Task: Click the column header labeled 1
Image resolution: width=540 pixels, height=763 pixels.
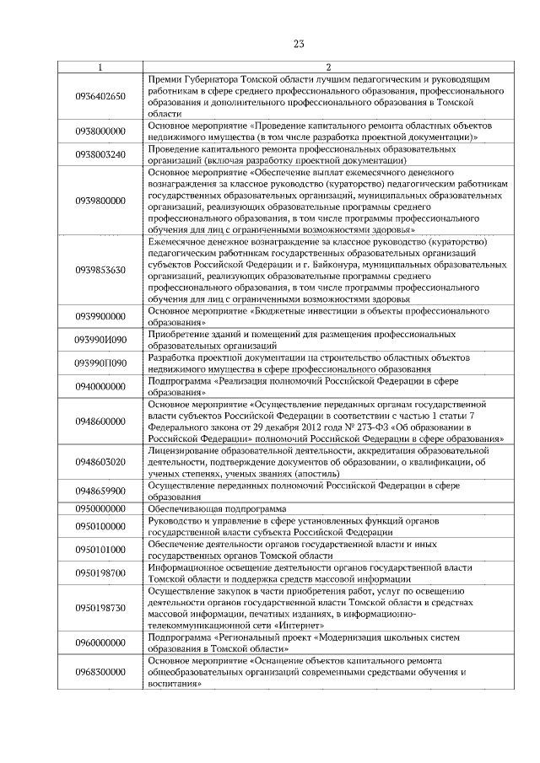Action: tap(100, 67)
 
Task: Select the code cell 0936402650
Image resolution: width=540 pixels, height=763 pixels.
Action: tap(100, 95)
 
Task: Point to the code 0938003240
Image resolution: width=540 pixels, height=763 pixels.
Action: tap(100, 154)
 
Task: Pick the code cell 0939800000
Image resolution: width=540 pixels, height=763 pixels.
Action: tap(100, 201)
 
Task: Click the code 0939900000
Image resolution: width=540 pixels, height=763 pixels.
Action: tap(100, 316)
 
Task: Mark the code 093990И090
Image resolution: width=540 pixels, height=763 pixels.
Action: tap(100, 340)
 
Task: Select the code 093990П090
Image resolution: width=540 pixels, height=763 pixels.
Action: tap(100, 363)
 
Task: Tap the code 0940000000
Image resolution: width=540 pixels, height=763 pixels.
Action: tap(100, 387)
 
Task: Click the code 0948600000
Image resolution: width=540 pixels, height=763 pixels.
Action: tap(100, 422)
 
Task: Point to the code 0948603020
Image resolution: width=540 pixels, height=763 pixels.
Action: tap(100, 462)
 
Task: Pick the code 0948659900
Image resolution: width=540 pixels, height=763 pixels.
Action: tap(100, 491)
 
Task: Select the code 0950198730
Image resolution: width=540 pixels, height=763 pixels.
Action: tap(100, 607)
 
